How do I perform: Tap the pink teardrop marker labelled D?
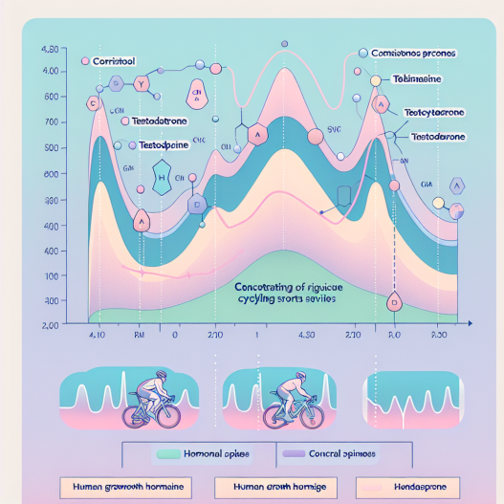point(393,302)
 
